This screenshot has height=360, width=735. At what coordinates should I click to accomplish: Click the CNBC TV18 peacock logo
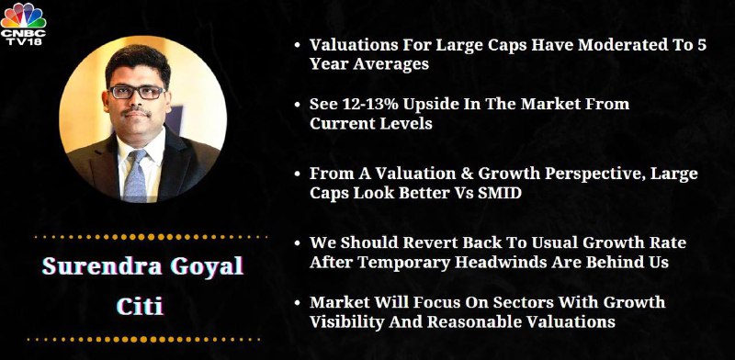coord(23,24)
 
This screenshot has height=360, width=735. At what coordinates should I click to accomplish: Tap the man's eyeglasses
coord(136,92)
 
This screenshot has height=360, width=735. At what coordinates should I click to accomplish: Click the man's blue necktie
coord(136,175)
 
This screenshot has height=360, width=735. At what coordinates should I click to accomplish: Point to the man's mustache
coord(136,111)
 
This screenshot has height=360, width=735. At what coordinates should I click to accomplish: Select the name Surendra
coord(102,265)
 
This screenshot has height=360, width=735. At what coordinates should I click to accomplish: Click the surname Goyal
coord(207,266)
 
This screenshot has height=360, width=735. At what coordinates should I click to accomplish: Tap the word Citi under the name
coord(140,306)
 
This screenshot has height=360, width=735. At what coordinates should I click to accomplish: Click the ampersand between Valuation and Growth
coord(466,174)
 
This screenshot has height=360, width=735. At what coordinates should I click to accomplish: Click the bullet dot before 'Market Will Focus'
coord(297,302)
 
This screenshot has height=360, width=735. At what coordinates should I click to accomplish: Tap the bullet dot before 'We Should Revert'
coord(297,243)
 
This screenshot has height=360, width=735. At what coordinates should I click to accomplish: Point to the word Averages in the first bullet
coord(391,64)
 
